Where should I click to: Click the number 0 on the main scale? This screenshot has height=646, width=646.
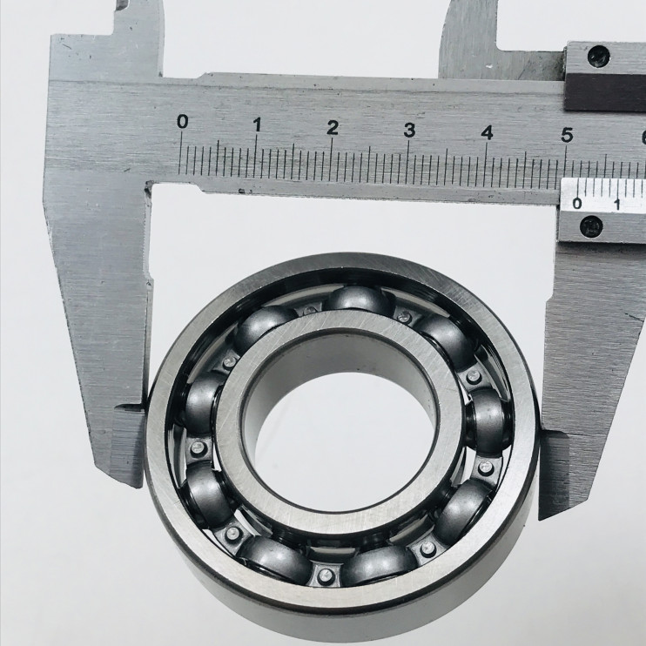pos(183,122)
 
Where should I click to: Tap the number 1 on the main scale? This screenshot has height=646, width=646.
pos(258,124)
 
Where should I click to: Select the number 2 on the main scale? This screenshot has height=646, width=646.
pos(333,128)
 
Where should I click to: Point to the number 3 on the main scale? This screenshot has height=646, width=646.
pos(409,131)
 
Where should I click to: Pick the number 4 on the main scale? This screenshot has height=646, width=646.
pos(488,133)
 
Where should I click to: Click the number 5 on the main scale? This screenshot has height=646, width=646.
pos(568,136)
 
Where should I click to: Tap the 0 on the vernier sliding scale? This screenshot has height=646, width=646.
pos(577,203)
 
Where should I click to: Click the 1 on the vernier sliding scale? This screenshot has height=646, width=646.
pos(617,204)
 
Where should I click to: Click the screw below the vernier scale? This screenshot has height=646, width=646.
pos(591,226)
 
